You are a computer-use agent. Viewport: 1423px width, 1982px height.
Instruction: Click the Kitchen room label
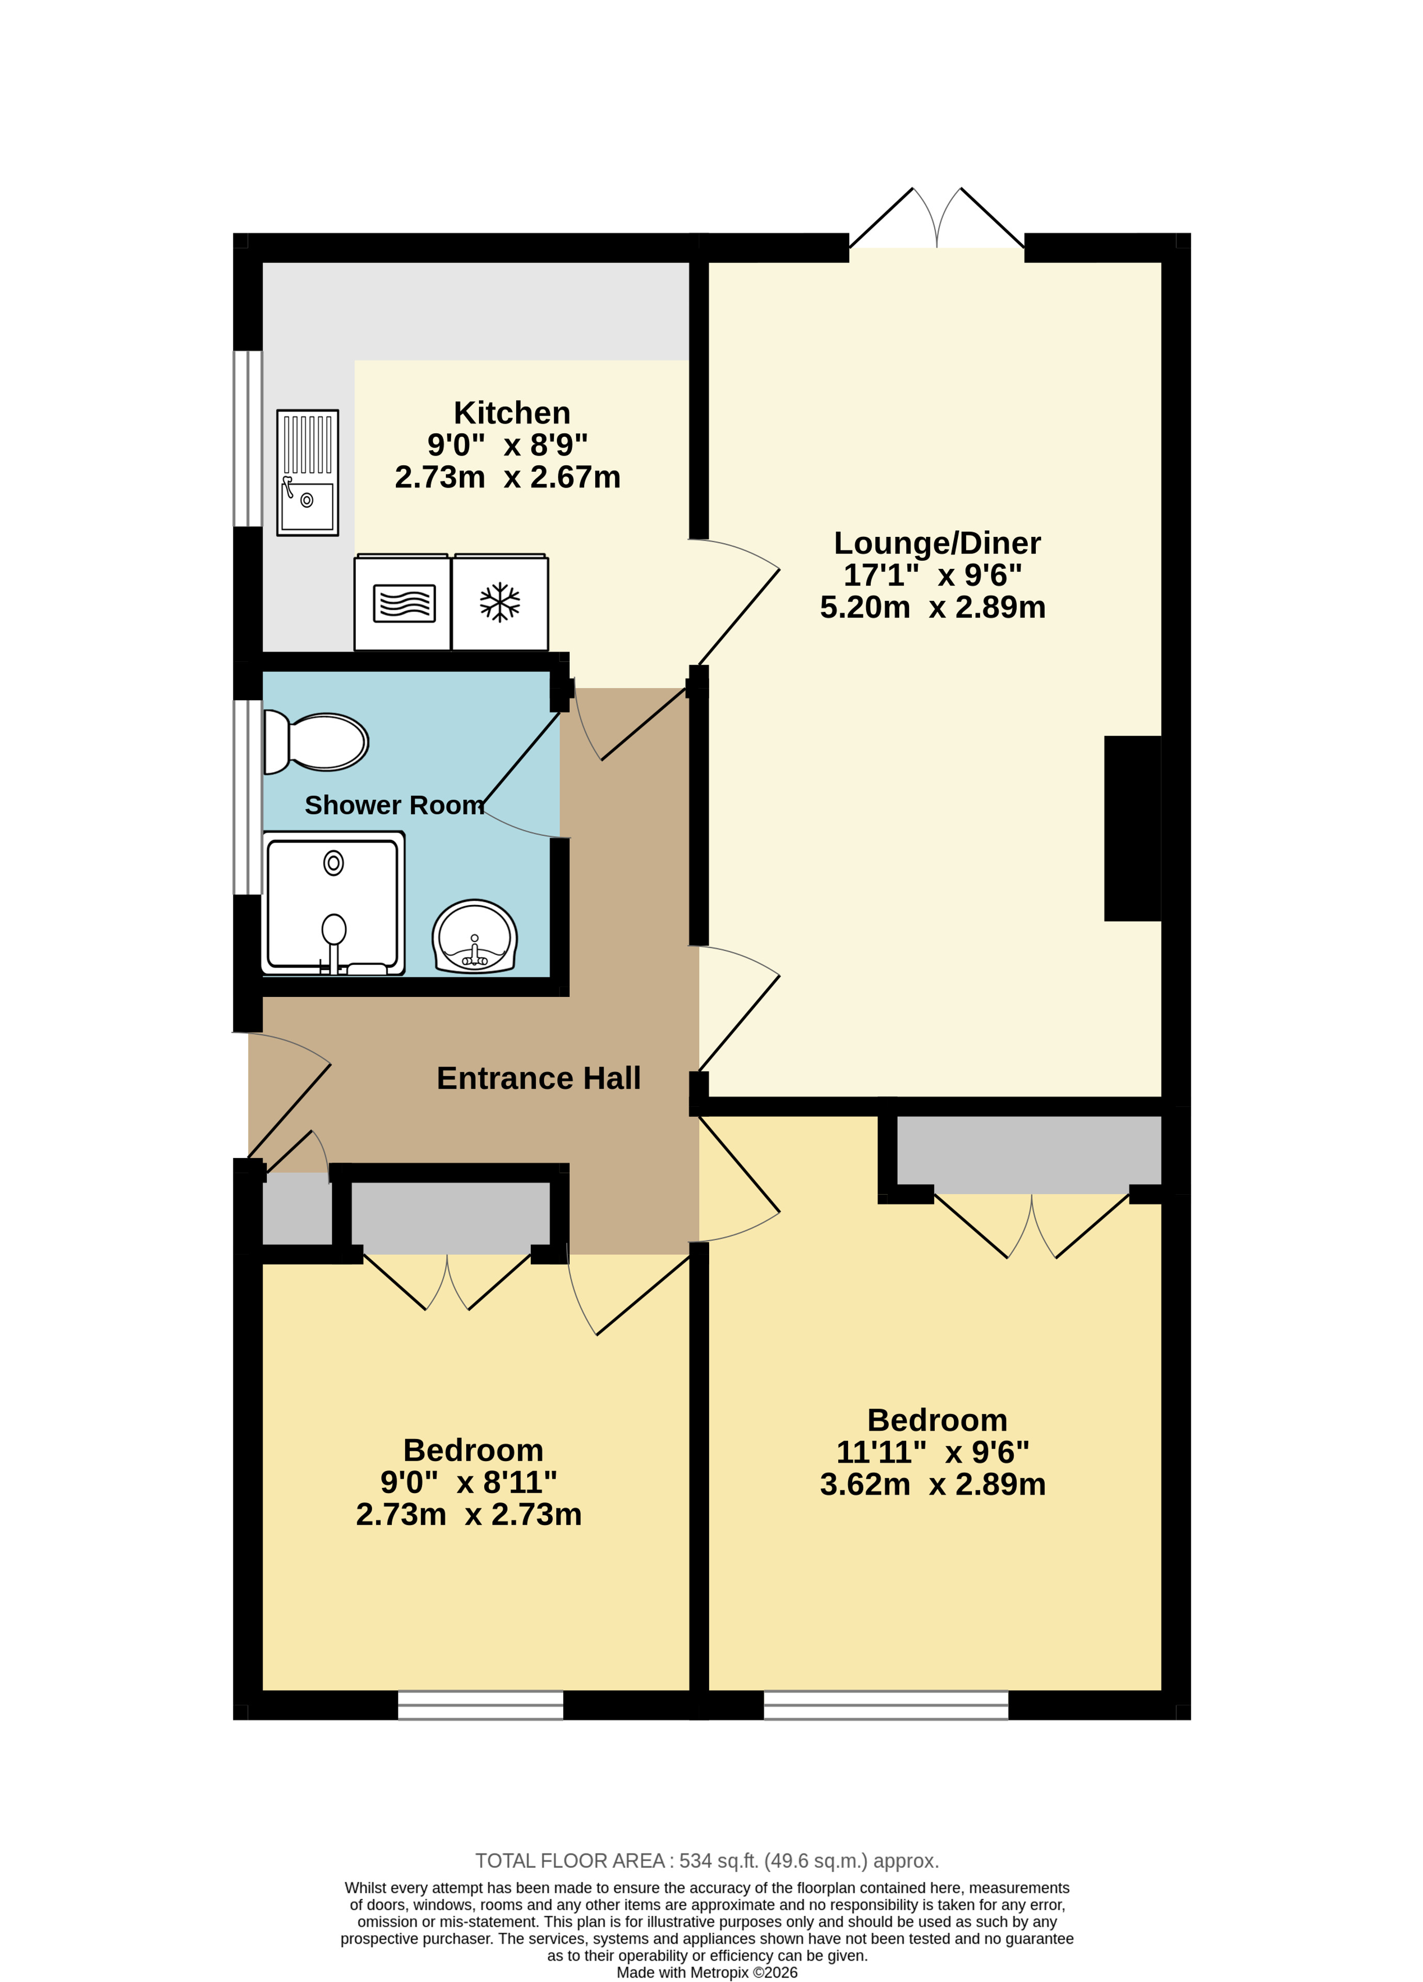coord(512,413)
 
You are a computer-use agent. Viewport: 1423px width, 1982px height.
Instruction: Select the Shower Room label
coord(394,805)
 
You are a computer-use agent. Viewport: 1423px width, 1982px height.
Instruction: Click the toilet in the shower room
coord(316,742)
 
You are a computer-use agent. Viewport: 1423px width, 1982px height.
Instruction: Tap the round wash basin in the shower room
coord(474,937)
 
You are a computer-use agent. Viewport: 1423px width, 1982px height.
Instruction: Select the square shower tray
coord(333,903)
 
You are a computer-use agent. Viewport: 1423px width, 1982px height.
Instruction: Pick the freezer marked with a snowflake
coord(500,602)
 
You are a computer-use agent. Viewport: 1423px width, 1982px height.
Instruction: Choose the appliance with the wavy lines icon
coord(403,602)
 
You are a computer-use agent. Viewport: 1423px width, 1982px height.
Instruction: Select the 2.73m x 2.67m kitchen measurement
coord(507,477)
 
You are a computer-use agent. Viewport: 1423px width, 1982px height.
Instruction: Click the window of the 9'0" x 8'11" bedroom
coord(481,1705)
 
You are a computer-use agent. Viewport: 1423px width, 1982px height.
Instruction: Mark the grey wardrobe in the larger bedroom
coord(1029,1154)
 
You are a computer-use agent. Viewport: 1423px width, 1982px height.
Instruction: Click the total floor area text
coord(707,1861)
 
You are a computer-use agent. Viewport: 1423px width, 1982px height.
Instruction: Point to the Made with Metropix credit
coord(707,1972)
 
